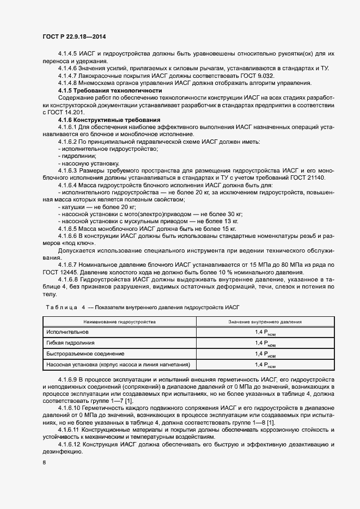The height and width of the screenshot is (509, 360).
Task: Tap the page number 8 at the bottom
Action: (44, 463)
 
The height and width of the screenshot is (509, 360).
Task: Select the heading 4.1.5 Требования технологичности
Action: (110, 90)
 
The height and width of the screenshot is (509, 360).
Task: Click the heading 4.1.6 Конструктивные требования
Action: (109, 119)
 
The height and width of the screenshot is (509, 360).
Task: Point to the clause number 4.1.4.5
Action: (68, 54)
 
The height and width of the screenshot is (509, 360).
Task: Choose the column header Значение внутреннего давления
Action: (269, 322)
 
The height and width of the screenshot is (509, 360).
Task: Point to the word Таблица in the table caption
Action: (62, 308)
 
